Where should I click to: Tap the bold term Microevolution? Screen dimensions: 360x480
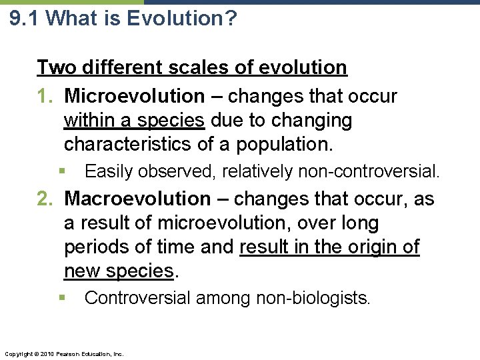pyautogui.click(x=134, y=96)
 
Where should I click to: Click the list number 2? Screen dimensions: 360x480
pyautogui.click(x=47, y=199)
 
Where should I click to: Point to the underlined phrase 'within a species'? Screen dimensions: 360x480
pyautogui.click(x=134, y=121)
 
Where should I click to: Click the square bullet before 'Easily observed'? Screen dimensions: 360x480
pyautogui.click(x=61, y=171)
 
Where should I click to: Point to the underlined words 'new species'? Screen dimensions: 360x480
pyautogui.click(x=119, y=271)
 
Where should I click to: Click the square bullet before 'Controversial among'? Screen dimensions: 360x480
pyautogui.click(x=61, y=297)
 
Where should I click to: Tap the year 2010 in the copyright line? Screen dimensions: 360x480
pyautogui.click(x=45, y=353)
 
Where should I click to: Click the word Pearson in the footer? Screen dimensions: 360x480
pyautogui.click(x=69, y=353)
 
